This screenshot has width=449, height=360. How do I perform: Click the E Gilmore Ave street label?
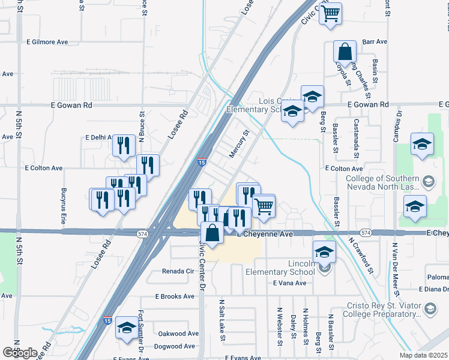click(47, 42)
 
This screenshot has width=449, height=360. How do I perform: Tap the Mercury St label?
click(238, 145)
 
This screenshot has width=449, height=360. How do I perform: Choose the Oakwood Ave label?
click(178, 334)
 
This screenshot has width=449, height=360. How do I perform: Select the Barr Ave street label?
click(375, 42)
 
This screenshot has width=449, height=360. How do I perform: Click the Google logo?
click(20, 353)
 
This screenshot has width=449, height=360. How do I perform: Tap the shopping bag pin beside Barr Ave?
click(345, 51)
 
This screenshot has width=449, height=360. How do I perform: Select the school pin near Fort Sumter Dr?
click(126, 328)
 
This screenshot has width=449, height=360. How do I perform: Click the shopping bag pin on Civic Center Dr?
click(212, 233)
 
